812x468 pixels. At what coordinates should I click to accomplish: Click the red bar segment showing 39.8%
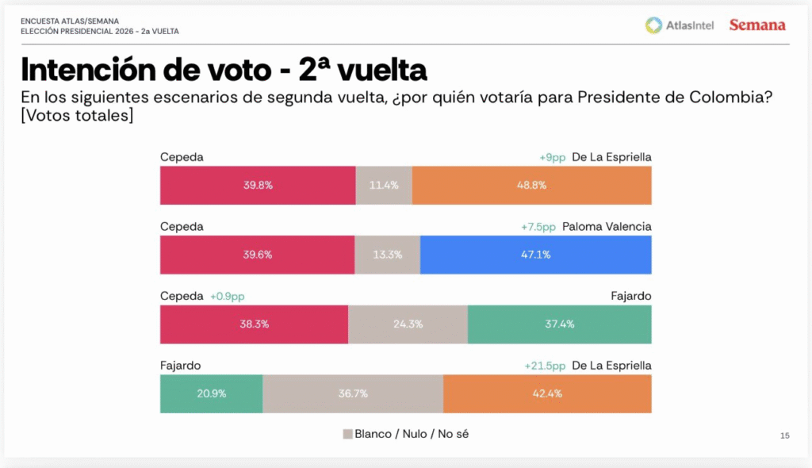click(x=258, y=186)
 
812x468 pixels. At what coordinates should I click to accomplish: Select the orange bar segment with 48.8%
click(x=531, y=186)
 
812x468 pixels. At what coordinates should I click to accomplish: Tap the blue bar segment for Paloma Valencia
click(x=535, y=255)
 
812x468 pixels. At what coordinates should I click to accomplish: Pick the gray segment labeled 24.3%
click(x=408, y=324)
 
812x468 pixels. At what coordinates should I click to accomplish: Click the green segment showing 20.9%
click(x=211, y=393)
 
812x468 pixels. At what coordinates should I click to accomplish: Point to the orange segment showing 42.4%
click(x=547, y=393)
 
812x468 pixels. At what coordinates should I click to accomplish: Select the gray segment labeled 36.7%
click(x=353, y=393)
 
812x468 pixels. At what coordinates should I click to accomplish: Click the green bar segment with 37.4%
click(x=559, y=324)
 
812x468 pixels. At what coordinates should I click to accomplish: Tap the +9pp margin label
click(x=552, y=157)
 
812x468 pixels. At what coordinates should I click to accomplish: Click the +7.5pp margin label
click(x=538, y=227)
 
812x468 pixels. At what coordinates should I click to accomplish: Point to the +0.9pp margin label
click(x=228, y=296)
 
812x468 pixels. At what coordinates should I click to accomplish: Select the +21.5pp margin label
click(x=545, y=366)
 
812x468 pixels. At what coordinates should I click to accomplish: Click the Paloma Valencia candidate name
click(x=607, y=227)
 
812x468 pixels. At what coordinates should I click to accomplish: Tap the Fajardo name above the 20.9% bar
click(x=180, y=366)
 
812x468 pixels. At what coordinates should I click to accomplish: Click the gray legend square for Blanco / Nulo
click(x=347, y=434)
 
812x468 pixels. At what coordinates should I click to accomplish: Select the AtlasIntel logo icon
click(x=653, y=25)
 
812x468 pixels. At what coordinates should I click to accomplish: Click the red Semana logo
click(x=757, y=25)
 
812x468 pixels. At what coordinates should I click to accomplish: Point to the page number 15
click(x=785, y=435)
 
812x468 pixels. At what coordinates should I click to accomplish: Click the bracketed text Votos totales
click(x=77, y=116)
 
